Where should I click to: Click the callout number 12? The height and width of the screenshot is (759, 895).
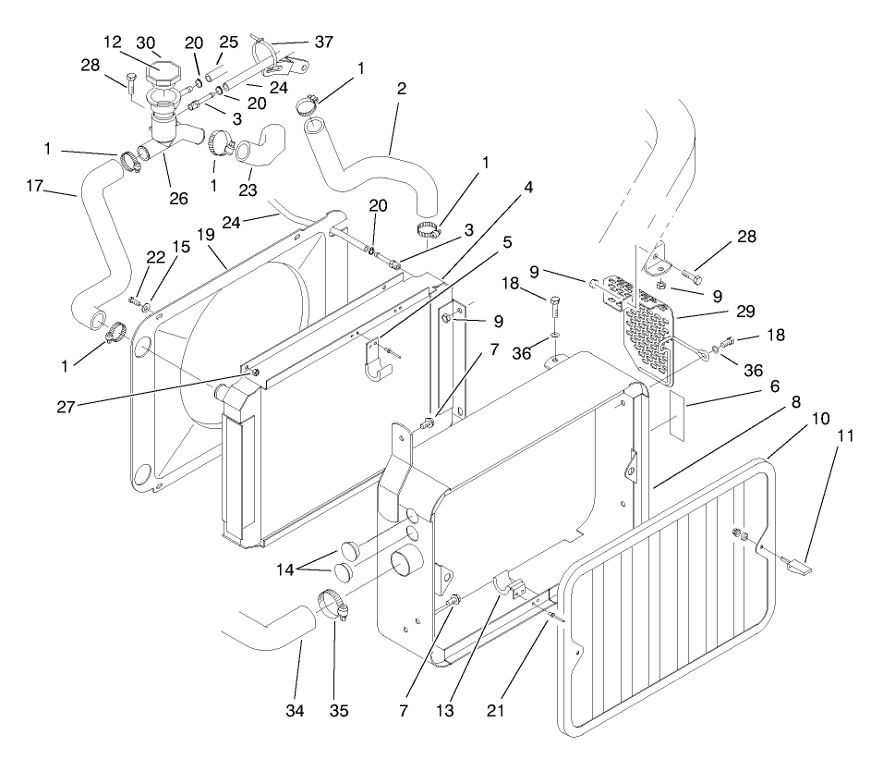pos(112,43)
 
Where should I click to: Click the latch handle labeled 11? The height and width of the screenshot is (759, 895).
pos(800,563)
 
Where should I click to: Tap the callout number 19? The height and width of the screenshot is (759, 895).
pos(203,236)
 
